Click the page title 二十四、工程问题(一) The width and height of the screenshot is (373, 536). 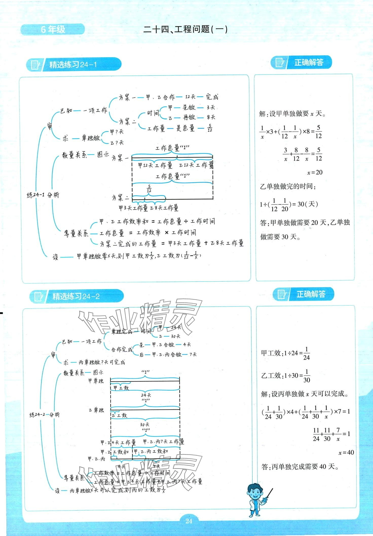(185, 29)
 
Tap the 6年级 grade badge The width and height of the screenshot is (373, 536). (53, 29)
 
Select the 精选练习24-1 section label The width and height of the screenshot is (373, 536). (73, 65)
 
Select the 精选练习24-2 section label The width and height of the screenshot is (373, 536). (76, 296)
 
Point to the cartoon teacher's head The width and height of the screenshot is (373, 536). (254, 492)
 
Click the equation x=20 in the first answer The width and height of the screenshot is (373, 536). (315, 172)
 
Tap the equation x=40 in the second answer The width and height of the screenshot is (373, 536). (346, 452)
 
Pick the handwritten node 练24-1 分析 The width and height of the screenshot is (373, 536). (43, 195)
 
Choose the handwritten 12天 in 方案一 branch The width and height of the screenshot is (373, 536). (190, 97)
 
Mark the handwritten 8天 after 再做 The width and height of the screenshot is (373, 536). (211, 117)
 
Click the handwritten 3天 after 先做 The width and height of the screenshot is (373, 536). (211, 107)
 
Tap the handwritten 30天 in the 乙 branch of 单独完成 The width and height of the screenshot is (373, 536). (176, 336)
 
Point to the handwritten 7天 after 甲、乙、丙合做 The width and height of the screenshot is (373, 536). (193, 354)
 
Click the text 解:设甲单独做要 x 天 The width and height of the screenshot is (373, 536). (292, 114)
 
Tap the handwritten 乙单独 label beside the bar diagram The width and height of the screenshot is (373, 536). (96, 410)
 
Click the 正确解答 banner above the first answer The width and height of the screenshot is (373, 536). (308, 62)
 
